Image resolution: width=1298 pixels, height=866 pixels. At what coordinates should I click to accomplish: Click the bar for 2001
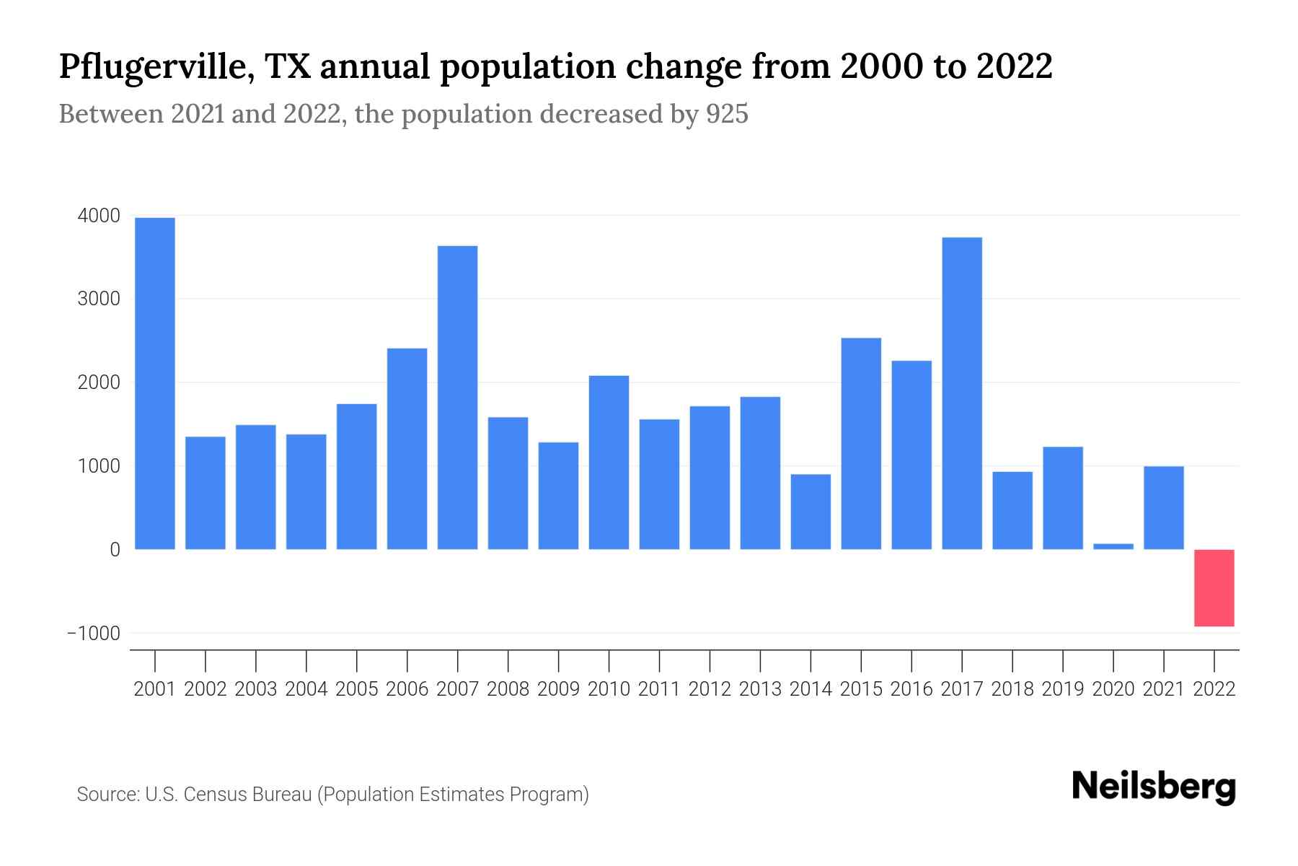(x=155, y=383)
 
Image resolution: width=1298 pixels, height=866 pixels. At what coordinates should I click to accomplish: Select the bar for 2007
(x=458, y=398)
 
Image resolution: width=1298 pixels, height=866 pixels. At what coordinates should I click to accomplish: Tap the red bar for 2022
(x=1214, y=587)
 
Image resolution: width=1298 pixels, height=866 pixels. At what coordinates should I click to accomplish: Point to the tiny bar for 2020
(x=1113, y=546)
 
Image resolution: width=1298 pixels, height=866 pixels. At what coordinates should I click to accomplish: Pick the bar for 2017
(x=962, y=393)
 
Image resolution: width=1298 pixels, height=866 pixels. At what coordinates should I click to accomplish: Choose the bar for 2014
(x=811, y=512)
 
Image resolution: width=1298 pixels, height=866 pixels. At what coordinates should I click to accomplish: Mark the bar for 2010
(x=609, y=463)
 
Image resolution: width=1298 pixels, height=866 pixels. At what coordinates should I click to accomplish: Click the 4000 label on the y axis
(x=99, y=216)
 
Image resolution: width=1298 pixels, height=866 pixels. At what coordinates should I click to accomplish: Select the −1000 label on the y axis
(x=94, y=633)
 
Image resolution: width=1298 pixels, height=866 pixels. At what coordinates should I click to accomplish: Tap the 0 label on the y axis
(x=115, y=549)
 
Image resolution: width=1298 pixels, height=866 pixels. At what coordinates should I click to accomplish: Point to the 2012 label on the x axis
(x=710, y=689)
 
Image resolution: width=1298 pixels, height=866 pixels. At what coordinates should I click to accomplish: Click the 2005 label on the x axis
(x=357, y=689)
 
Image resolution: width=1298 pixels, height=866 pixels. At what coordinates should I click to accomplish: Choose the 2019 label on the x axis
(x=1063, y=689)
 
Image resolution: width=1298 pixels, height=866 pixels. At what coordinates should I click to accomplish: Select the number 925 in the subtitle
(x=727, y=114)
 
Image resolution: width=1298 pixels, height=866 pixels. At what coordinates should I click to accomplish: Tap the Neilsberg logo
(x=1154, y=787)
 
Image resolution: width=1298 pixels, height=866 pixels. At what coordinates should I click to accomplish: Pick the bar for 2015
(x=861, y=444)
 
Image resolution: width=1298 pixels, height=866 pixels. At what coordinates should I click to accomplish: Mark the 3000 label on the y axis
(x=99, y=299)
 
